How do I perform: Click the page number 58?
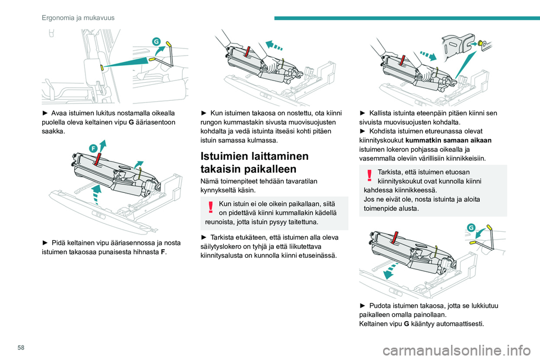point(21,348)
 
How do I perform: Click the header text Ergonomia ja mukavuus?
point(78,18)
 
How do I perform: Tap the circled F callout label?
point(93,148)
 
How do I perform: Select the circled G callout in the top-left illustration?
point(156,41)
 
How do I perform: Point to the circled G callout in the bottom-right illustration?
point(471,227)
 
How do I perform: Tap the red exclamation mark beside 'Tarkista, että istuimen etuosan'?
point(370,175)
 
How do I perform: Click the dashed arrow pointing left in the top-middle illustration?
point(274,46)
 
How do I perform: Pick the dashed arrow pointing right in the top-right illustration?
point(428,55)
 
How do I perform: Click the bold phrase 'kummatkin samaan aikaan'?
point(448,140)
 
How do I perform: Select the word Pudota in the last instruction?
point(380,305)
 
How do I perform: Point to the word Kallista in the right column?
point(381,113)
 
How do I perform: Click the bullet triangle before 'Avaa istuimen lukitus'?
point(45,113)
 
